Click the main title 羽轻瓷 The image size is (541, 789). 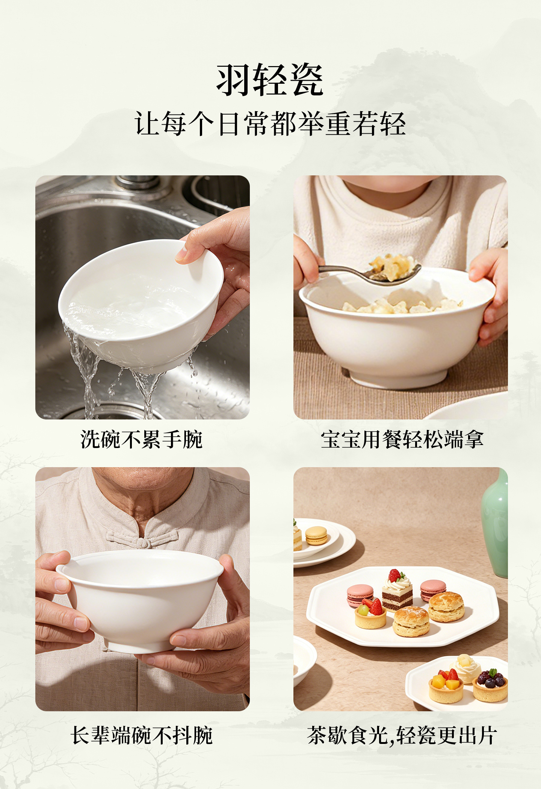coord(270,80)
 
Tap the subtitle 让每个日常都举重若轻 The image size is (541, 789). coord(270,124)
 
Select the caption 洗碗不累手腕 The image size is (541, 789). coord(142,439)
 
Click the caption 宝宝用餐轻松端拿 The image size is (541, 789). coord(402,439)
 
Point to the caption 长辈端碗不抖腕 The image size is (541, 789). coord(142,735)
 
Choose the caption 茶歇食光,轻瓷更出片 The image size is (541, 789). coord(402,735)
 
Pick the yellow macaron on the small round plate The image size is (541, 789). coord(316,536)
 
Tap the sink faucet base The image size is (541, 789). coord(138,183)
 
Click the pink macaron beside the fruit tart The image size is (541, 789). coord(360,595)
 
